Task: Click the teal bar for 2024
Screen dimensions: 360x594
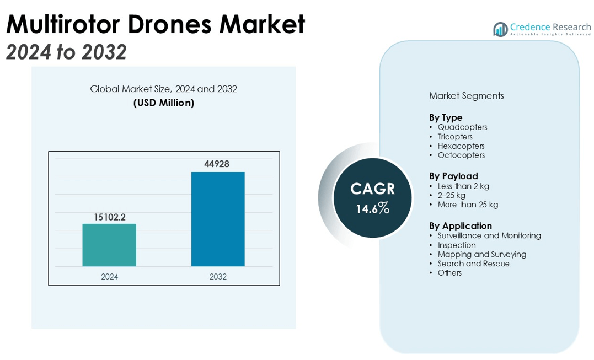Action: click(x=109, y=245)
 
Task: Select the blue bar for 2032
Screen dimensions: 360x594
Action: click(x=218, y=219)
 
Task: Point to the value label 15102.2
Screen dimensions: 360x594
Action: click(x=109, y=217)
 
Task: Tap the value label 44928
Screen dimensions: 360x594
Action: click(x=218, y=164)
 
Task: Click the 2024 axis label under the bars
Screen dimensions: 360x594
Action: click(x=109, y=277)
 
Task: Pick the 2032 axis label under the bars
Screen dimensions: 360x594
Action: click(x=218, y=277)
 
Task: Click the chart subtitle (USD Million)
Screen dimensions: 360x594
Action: click(x=164, y=103)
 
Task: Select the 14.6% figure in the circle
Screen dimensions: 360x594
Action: click(x=373, y=209)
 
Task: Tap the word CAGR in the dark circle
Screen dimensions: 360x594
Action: click(x=373, y=189)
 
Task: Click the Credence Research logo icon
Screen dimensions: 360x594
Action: click(x=500, y=29)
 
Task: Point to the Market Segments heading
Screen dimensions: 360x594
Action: click(x=466, y=96)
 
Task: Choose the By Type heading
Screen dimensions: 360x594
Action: click(x=446, y=117)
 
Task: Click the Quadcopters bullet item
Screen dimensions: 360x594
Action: click(x=462, y=127)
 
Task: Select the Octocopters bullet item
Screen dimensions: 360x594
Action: click(x=461, y=155)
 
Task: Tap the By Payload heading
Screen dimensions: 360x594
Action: click(x=453, y=176)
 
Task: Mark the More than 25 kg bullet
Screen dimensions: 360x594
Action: click(x=468, y=205)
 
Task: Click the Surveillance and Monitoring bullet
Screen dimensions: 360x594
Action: click(x=489, y=235)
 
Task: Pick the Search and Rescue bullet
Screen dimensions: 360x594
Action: click(x=473, y=264)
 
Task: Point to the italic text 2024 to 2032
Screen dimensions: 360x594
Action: click(x=66, y=52)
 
